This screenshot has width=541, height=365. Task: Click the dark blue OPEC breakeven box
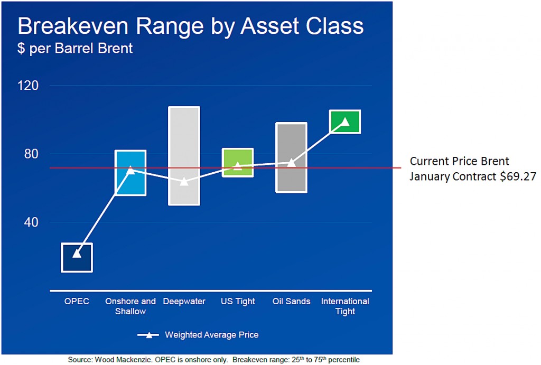77,257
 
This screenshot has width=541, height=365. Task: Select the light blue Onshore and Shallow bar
130,173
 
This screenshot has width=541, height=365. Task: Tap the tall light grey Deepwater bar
184,156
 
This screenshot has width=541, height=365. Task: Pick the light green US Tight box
238,163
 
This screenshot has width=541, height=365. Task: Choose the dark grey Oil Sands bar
291,157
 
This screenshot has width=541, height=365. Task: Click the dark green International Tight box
345,121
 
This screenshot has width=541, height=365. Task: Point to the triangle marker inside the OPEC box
77,254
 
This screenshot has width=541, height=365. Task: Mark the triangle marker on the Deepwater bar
184,181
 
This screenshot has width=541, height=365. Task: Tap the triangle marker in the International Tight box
345,121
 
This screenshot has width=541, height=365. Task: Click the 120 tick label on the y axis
28,86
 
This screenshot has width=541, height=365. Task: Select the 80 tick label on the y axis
31,154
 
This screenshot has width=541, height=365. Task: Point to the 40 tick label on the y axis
31,222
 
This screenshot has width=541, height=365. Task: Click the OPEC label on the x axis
77,301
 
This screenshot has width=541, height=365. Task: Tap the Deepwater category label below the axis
184,302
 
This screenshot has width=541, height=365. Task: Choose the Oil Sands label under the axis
291,301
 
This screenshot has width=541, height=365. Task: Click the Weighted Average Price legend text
211,335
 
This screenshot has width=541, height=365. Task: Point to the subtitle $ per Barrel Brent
75,48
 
